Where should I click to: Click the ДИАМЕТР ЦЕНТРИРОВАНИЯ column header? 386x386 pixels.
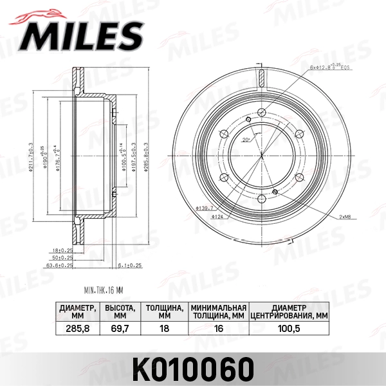(x=288, y=311)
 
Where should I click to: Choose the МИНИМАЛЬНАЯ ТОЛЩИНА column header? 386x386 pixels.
(x=218, y=311)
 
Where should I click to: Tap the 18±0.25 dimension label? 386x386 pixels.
(x=62, y=250)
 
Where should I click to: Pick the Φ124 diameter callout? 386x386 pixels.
(x=217, y=217)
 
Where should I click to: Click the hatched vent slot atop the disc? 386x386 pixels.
(x=261, y=77)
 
